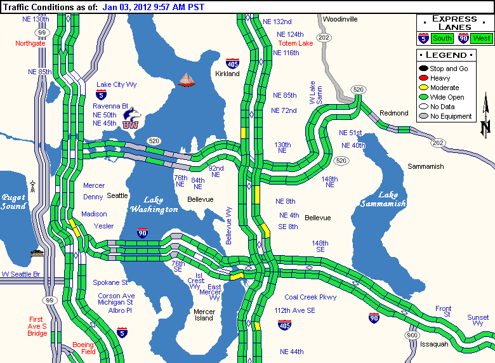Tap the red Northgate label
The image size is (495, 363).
click(30, 43)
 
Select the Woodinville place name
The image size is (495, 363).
click(340, 19)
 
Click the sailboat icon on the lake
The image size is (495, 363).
click(187, 79)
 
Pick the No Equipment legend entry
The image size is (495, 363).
click(450, 116)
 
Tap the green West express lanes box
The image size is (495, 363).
click(482, 39)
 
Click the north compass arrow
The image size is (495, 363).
click(485, 114)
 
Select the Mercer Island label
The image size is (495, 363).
click(204, 315)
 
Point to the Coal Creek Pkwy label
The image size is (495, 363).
click(310, 297)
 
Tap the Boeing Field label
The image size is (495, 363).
click(83, 348)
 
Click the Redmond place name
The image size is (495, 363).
click(393, 113)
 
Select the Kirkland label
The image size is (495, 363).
click(227, 74)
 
